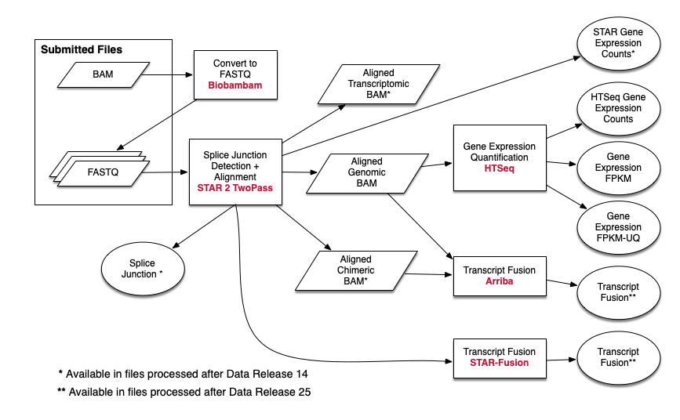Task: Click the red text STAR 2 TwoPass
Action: [x=235, y=189]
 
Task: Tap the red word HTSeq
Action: [x=499, y=168]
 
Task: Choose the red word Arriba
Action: [x=499, y=281]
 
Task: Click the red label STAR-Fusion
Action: [x=499, y=363]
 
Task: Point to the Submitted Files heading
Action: [x=82, y=50]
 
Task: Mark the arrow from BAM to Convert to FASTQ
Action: [x=168, y=76]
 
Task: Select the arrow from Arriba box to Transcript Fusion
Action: [x=561, y=284]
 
